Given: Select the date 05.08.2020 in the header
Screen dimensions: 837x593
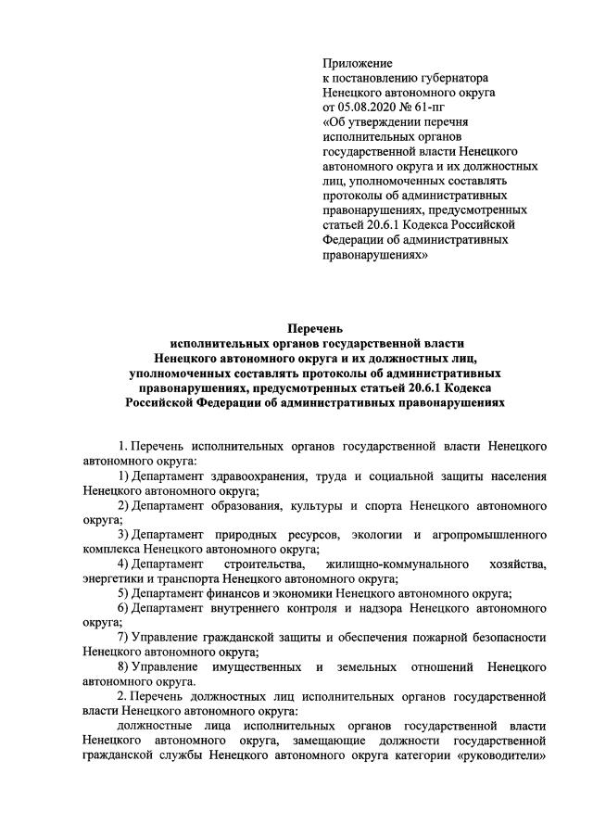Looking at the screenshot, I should [371, 107].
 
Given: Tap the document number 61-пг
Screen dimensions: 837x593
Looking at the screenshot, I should [441, 107].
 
